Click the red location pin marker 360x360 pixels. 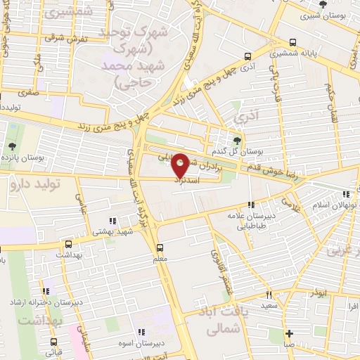point(180,165)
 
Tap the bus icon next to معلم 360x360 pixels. point(160,247)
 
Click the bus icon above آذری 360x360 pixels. point(247,56)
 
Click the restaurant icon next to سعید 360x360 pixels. point(268,295)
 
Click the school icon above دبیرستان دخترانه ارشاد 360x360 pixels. point(46,291)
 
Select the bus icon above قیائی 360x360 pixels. point(53,342)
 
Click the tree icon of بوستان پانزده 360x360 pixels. point(12,146)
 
